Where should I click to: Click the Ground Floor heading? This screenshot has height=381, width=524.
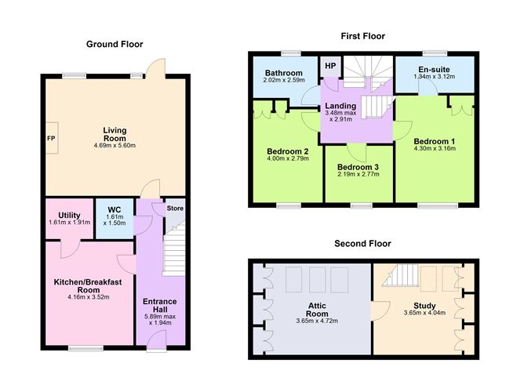coord(115,44)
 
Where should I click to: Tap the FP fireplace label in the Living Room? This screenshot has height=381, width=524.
coord(51,138)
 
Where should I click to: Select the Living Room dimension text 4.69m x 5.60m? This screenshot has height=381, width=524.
coord(115,146)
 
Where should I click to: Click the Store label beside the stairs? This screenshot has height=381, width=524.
coord(175,209)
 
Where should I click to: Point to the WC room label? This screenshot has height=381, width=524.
coord(115,210)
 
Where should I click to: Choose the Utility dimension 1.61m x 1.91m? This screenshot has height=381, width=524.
coord(70,223)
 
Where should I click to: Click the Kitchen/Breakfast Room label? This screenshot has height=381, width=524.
coord(88,286)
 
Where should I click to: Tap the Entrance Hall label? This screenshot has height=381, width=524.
coord(160,306)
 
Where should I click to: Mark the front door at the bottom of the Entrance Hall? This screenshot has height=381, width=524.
coord(156,340)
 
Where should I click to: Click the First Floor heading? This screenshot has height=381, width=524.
coord(363,36)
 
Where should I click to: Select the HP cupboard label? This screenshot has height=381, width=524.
coord(330,66)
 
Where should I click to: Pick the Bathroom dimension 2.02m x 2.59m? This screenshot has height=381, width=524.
coord(284,80)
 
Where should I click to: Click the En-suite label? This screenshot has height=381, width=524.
coord(434,70)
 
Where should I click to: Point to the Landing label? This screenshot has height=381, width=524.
coord(340,106)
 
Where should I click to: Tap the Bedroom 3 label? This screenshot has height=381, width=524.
coord(358,167)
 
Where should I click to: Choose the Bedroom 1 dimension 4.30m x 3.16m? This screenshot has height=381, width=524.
coord(435,149)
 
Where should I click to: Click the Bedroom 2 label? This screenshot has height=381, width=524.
coord(288,151)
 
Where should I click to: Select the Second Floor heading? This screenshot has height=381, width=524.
coord(362,244)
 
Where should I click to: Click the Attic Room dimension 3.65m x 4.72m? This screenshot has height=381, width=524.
coord(317,321)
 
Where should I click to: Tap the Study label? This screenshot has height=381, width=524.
coord(424,306)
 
